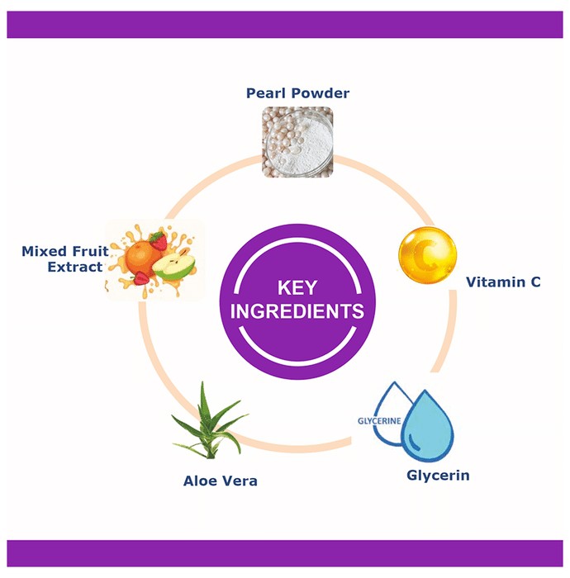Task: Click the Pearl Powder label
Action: [x=297, y=93]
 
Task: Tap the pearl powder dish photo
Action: [x=297, y=142]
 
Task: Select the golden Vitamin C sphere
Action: [x=427, y=255]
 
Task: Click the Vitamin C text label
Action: [x=503, y=282]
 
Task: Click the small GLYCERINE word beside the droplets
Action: [x=379, y=421]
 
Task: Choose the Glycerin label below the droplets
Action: [x=438, y=476]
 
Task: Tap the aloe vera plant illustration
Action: [x=210, y=421]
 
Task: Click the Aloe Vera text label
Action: [x=220, y=481]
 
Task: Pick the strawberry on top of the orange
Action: [x=159, y=241]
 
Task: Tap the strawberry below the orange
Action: [x=141, y=278]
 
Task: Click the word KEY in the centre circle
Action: [x=297, y=288]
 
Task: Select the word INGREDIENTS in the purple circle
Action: [x=297, y=311]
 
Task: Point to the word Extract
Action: [x=75, y=267]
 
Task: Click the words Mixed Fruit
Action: [x=65, y=251]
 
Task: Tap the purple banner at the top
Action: [x=285, y=25]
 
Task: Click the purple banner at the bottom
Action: [x=285, y=553]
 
